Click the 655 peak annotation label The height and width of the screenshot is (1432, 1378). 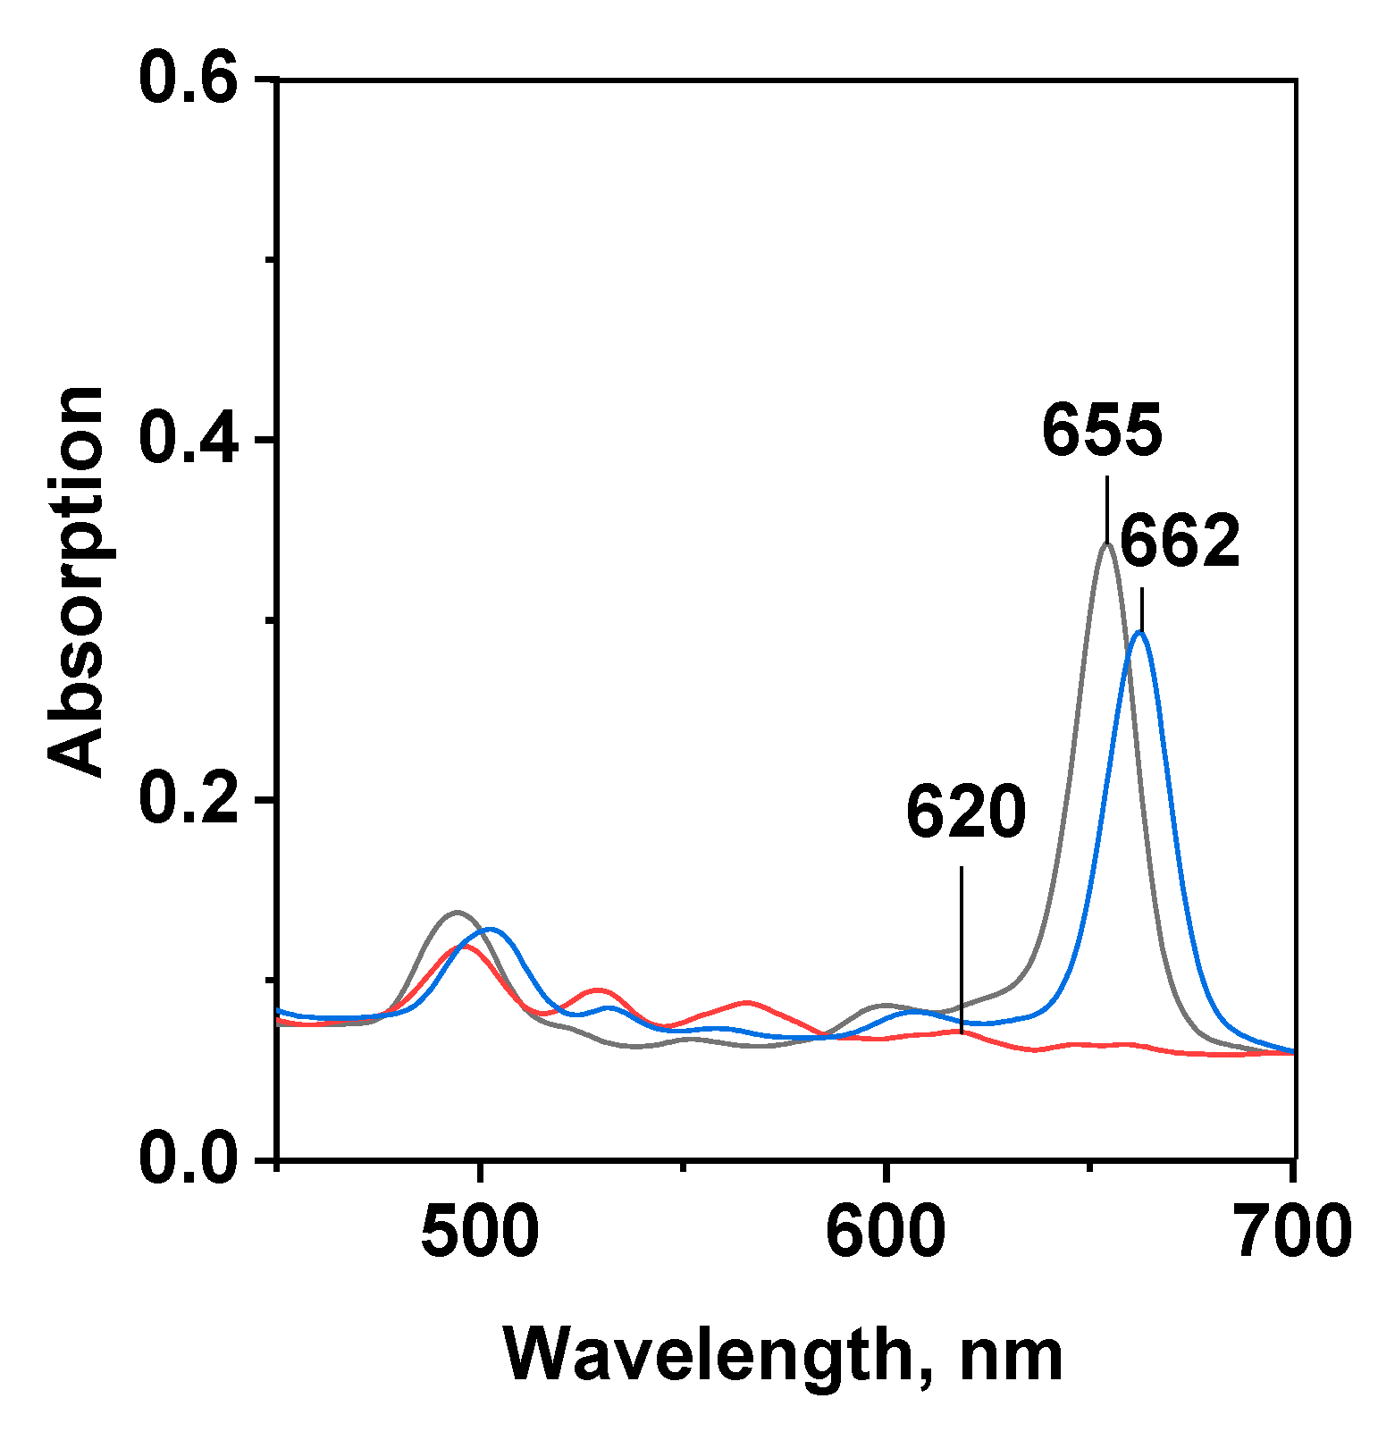coord(1102,431)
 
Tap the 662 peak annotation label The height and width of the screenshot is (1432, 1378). coord(1180,542)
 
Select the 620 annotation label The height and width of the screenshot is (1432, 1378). coord(965,813)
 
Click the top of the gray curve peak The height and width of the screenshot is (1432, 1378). coord(1106,544)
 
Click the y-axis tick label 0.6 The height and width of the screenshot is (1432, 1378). coord(189,80)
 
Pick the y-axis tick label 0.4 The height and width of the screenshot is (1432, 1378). coord(189,440)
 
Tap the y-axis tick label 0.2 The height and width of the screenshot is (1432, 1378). coord(189,800)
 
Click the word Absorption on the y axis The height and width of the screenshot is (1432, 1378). coord(77,581)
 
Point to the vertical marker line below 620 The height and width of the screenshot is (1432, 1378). coord(961,948)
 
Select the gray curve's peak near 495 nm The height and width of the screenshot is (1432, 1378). coord(458,913)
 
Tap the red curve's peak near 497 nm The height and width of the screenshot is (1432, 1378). coord(465,946)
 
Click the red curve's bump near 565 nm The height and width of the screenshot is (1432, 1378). coord(746,1002)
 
